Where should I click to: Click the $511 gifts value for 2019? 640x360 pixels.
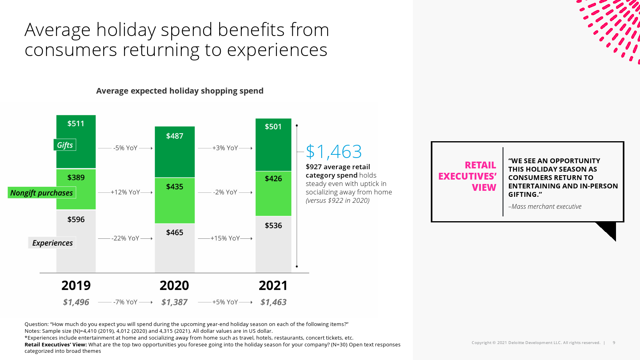[76, 124]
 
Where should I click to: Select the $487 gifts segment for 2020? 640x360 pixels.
[174, 136]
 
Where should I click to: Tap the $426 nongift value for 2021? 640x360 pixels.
[273, 178]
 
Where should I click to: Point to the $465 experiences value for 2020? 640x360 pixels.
[174, 232]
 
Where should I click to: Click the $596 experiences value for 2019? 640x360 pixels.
[76, 219]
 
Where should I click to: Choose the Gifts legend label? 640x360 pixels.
[65, 145]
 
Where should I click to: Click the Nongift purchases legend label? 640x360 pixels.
[42, 193]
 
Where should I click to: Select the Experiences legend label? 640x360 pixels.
[52, 243]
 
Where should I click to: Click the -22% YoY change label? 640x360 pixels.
[125, 238]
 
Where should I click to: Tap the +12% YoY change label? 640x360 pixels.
[125, 192]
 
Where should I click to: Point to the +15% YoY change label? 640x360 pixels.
[225, 238]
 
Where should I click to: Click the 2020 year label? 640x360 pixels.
[174, 286]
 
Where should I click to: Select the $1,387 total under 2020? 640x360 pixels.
[174, 302]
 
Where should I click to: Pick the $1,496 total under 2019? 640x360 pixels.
[76, 302]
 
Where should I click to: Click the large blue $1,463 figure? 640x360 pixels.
[334, 152]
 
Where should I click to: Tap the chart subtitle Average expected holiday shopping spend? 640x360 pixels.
[180, 91]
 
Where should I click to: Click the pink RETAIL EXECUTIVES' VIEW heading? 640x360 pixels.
[468, 176]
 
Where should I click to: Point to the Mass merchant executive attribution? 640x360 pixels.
[545, 207]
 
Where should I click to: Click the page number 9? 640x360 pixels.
[614, 343]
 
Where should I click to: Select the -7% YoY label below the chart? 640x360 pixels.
[125, 302]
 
